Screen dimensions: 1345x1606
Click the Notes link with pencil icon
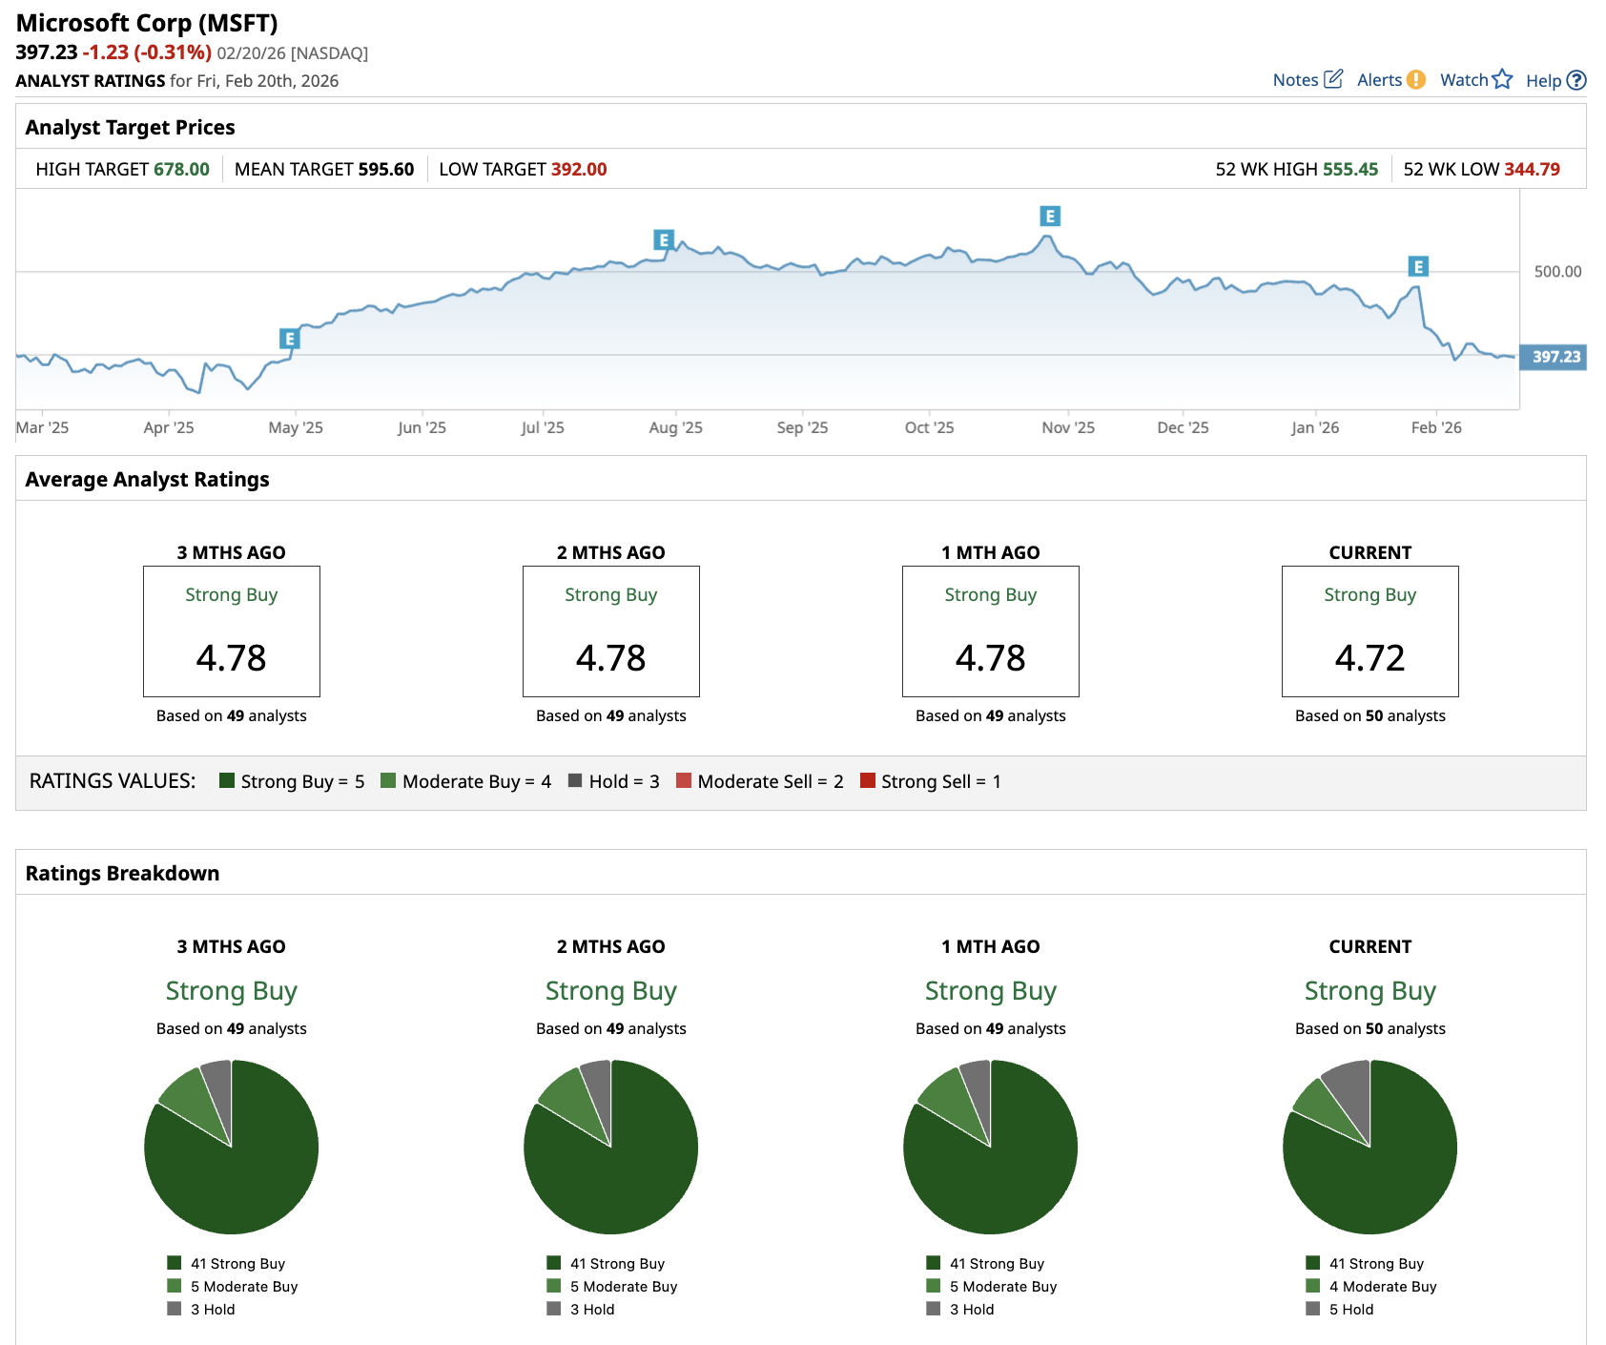coord(1307,80)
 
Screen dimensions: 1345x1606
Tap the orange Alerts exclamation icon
coord(1416,80)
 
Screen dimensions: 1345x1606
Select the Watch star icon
coord(1502,79)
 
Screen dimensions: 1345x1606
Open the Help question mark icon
coord(1576,81)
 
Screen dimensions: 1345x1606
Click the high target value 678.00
coord(181,170)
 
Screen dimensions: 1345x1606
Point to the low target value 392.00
coord(578,170)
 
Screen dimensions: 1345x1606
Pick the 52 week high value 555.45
coord(1349,170)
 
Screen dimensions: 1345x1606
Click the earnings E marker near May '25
coord(290,339)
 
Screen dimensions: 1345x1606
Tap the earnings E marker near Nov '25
coord(1049,217)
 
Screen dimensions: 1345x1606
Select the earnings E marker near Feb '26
coord(1418,267)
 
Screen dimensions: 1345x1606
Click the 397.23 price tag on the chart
coord(1555,357)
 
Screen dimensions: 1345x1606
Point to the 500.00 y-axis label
coord(1557,272)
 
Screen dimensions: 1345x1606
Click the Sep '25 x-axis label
coord(802,427)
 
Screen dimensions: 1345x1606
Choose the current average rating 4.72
coord(1369,658)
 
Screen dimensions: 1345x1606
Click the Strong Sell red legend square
coord(868,780)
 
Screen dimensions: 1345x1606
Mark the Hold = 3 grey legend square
coord(575,780)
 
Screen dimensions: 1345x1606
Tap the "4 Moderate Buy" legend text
coord(1382,1287)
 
